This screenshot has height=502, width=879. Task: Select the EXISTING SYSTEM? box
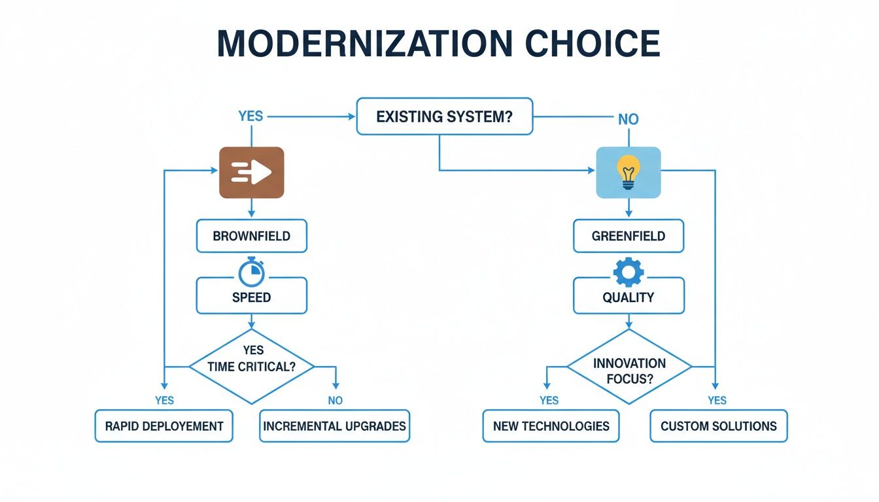click(445, 117)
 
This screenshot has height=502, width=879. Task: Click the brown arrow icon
click(251, 173)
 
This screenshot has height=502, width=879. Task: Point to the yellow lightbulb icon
click(629, 173)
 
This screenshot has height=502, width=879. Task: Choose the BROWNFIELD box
click(252, 236)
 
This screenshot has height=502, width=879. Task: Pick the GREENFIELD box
click(629, 236)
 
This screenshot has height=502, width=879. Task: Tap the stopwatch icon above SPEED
click(252, 272)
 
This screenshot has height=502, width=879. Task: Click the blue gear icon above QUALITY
click(629, 272)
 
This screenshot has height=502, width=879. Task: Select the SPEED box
click(252, 297)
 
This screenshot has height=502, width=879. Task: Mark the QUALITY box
click(629, 297)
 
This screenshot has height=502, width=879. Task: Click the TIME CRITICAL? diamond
click(252, 366)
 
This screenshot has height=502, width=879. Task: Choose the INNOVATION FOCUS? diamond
click(629, 370)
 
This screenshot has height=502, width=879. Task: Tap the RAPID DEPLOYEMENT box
click(164, 426)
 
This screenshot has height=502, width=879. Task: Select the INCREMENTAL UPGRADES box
click(334, 426)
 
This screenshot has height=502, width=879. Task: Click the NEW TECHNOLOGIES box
click(551, 426)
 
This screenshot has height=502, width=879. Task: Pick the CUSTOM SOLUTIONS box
click(719, 426)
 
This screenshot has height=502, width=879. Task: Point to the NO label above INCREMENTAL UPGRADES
click(336, 400)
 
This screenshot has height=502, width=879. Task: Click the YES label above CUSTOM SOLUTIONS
click(717, 400)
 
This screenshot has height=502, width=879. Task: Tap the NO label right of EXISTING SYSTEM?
click(629, 120)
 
